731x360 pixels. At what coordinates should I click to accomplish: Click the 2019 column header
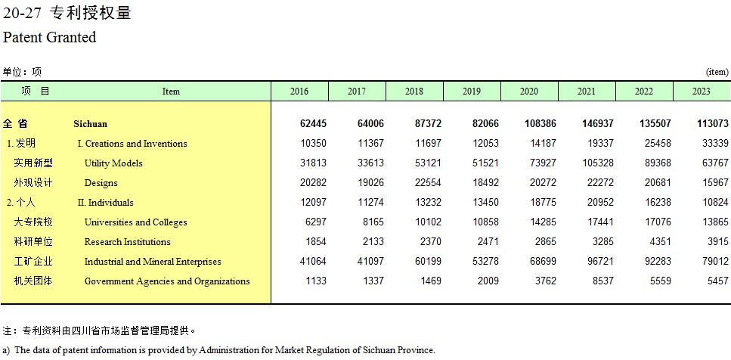471,92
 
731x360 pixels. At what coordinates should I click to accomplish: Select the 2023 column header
702,92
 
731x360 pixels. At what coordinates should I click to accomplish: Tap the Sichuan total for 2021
598,123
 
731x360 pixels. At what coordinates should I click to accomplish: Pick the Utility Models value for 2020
543,163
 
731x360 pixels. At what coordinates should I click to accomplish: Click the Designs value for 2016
313,182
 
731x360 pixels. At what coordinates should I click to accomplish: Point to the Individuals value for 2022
658,203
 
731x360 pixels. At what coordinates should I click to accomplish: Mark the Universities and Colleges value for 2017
373,222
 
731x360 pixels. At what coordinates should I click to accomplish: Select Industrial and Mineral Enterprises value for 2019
485,261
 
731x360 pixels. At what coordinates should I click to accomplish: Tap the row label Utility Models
113,163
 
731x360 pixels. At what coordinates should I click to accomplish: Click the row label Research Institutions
127,242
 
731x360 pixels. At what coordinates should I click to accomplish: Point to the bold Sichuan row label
91,124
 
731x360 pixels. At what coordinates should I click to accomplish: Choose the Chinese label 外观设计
33,182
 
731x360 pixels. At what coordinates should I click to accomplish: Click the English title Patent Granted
49,37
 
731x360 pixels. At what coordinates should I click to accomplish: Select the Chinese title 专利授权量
91,13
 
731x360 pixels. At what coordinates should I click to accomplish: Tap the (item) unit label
717,72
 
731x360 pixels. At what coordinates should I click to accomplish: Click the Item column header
171,92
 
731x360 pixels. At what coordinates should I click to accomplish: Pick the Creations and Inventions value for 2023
715,143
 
